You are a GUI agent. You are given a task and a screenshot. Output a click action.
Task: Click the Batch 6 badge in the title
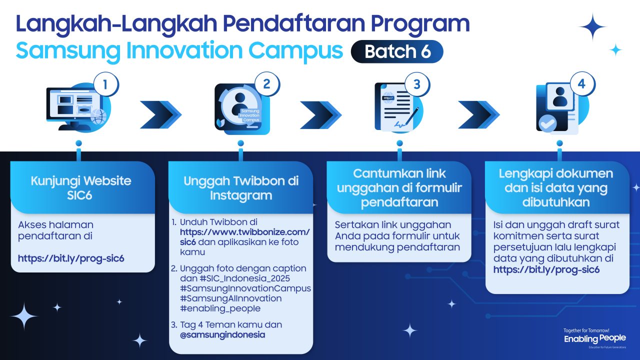point(397,51)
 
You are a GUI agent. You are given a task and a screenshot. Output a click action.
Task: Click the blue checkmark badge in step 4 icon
point(547,122)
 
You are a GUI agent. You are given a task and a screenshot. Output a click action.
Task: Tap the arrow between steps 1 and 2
point(160,114)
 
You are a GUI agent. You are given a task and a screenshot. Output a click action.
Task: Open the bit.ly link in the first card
point(71,258)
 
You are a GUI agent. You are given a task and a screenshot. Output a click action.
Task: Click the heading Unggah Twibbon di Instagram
point(240,188)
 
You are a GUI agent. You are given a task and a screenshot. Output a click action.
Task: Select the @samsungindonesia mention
point(222,334)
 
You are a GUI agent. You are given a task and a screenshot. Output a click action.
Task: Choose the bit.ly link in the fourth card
point(546,269)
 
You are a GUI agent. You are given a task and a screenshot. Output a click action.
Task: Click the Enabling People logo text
point(594,338)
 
